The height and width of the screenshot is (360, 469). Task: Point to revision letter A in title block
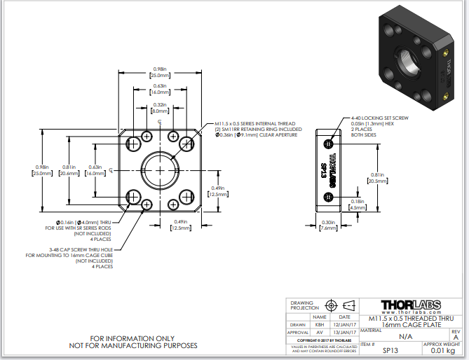[456, 337]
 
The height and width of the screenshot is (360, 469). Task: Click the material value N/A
[395, 336]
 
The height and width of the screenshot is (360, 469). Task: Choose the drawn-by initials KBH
[319, 324]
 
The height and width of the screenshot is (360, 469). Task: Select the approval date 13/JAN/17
[344, 332]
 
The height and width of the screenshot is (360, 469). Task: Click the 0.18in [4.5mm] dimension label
[357, 205]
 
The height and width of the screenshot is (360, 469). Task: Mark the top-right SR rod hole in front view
[186, 144]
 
